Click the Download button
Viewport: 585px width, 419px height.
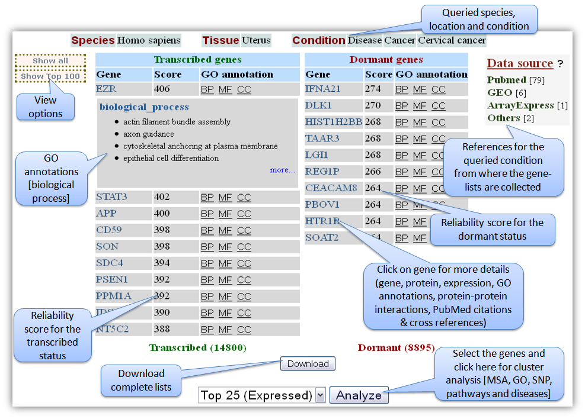point(308,364)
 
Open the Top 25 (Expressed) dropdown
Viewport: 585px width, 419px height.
point(321,395)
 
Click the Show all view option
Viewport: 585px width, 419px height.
point(50,61)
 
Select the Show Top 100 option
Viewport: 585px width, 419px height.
point(50,76)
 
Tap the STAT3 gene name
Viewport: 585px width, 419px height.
point(111,197)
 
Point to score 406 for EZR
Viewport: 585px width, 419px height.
point(162,89)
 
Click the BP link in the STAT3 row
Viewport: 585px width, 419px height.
point(207,198)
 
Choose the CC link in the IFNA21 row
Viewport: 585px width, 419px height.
point(438,90)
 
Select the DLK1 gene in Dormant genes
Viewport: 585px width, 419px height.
point(318,106)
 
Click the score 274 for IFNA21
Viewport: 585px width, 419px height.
point(373,89)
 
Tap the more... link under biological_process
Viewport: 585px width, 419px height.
point(282,170)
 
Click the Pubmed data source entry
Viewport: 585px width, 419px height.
point(507,80)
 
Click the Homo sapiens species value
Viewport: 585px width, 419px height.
point(148,41)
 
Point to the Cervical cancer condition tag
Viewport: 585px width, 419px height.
point(452,41)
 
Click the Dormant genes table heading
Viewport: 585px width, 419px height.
point(386,60)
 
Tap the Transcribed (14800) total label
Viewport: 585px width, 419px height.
point(197,348)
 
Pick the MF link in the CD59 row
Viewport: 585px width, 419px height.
point(225,231)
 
